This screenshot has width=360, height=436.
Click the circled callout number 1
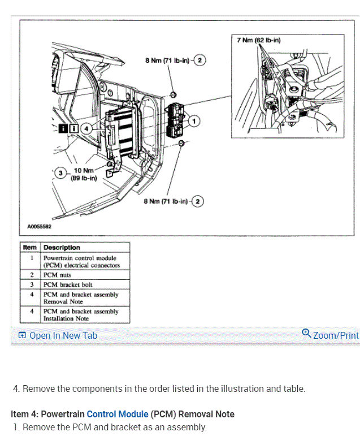click(x=193, y=120)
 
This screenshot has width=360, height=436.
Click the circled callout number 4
click(x=86, y=128)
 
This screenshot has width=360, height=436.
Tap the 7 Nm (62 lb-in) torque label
click(x=259, y=40)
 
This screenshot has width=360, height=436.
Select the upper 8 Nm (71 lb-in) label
click(x=167, y=59)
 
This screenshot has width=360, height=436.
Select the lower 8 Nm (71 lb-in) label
click(x=167, y=201)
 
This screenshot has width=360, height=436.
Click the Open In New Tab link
click(x=63, y=335)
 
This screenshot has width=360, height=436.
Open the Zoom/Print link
click(x=336, y=335)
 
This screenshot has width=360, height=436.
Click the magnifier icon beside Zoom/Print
click(x=306, y=333)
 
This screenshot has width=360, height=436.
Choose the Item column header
click(x=30, y=247)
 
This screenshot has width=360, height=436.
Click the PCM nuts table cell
click(x=57, y=275)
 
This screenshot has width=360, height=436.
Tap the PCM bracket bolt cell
click(x=68, y=284)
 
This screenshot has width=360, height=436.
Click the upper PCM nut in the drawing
click(x=174, y=92)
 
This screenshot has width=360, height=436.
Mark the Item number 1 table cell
click(x=32, y=257)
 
